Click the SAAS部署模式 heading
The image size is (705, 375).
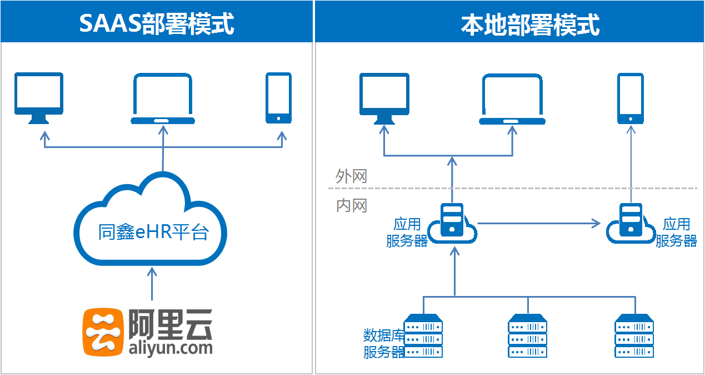click(156, 24)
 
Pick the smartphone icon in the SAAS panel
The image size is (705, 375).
click(278, 97)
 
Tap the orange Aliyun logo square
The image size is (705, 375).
click(103, 332)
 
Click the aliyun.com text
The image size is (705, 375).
click(170, 348)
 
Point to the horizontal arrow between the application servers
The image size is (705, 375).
click(539, 224)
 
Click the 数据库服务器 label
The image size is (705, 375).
click(383, 343)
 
